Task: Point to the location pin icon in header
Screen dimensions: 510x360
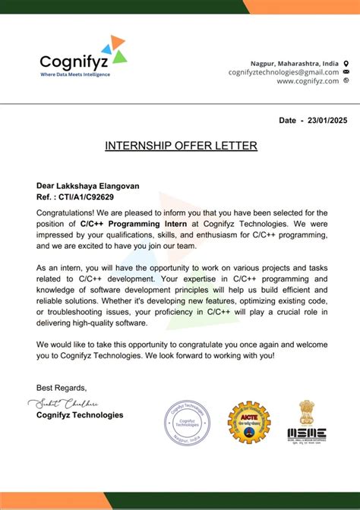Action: coord(346,62)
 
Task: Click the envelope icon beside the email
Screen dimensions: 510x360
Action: coord(346,72)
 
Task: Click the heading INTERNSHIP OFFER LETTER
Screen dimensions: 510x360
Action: coord(181,146)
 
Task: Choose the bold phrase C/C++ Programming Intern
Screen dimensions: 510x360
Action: coord(130,224)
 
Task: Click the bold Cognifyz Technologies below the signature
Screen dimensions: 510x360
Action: coord(80,415)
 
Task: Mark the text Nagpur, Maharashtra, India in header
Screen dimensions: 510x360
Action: coord(295,62)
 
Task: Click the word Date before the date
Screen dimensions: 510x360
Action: coord(287,121)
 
